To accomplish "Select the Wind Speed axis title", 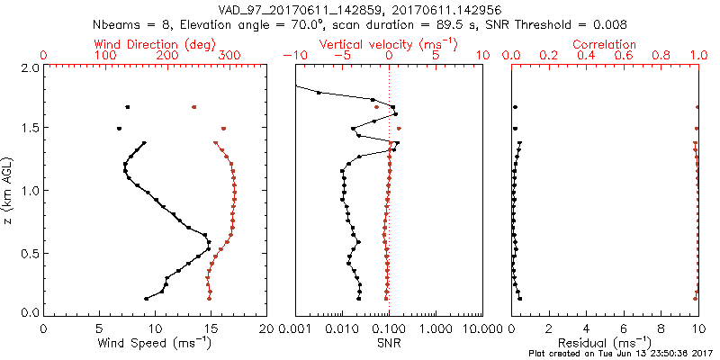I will (155, 342).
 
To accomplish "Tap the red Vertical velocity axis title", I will (388, 44).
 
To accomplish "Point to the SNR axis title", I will (388, 342).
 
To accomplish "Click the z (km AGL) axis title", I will (8, 189).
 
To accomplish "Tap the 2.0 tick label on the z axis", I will (30, 67).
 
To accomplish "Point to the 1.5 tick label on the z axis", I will (30, 129).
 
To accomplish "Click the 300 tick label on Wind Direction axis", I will (229, 56).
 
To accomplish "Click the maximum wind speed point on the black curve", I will (210, 243).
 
